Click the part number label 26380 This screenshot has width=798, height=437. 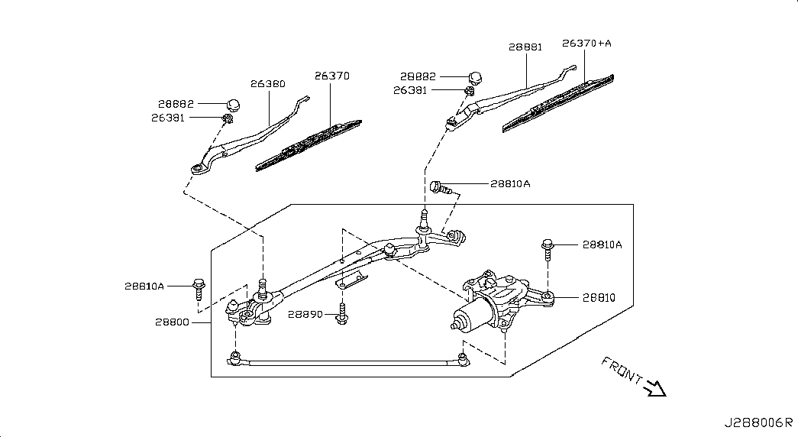point(267,84)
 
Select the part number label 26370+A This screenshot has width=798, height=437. point(586,44)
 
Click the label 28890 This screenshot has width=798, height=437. point(306,314)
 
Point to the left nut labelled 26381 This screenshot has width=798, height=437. point(227,117)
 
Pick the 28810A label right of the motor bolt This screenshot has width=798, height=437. point(602,244)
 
